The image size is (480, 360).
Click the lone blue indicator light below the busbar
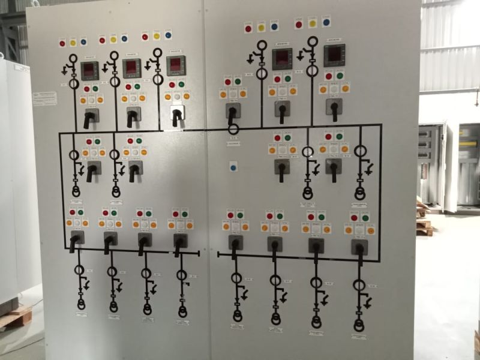[x=233, y=165]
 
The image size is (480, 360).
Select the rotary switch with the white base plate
[x=177, y=113]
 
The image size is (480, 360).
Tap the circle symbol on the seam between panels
[x=234, y=128]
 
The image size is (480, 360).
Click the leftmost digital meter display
[x=90, y=70]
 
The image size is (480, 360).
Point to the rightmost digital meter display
[x=334, y=55]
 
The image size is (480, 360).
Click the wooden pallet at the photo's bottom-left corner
[x=15, y=317]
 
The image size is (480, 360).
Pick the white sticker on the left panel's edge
[x=44, y=98]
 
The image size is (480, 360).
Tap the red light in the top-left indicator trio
[x=62, y=43]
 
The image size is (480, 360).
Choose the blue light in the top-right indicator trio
[x=326, y=22]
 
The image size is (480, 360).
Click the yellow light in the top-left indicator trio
[x=73, y=42]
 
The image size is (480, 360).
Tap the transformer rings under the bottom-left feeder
[x=81, y=304]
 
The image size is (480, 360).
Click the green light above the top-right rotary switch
[x=340, y=76]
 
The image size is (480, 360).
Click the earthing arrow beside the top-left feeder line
[x=65, y=71]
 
